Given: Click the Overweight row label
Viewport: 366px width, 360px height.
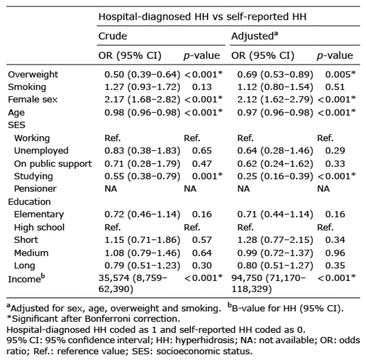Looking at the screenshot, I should point(32,74).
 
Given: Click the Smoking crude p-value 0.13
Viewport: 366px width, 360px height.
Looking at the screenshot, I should point(194,87).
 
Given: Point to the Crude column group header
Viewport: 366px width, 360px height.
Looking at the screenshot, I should point(113,36).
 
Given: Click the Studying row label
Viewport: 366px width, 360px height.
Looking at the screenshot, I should point(33,176).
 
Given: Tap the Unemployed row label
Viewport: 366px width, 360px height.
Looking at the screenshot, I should point(41,151).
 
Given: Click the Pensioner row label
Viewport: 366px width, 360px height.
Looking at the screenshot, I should point(36,188).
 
